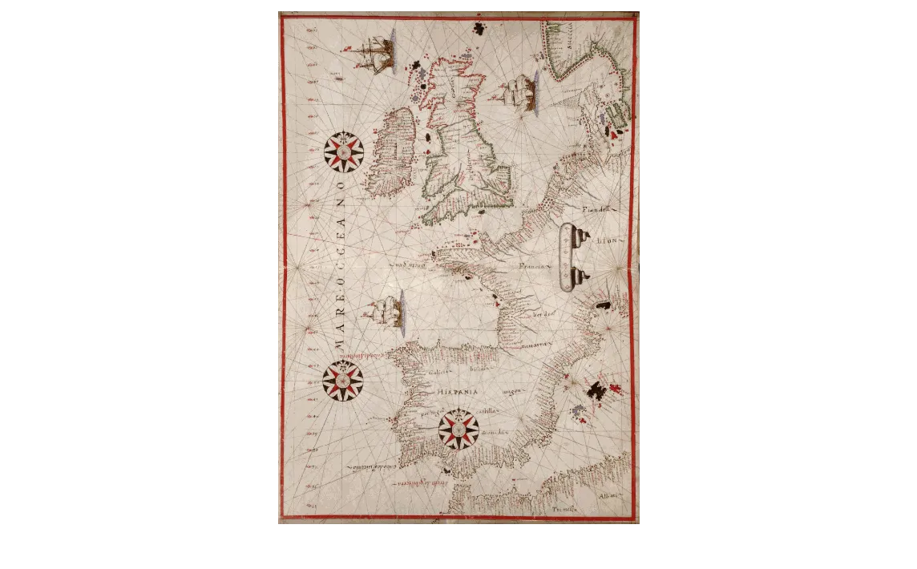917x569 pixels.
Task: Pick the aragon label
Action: (x=513, y=391)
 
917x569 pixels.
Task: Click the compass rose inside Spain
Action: (x=458, y=430)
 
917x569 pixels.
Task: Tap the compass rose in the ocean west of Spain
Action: (x=343, y=381)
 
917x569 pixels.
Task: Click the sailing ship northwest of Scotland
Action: (x=376, y=53)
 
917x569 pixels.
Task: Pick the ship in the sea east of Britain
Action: (x=517, y=91)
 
